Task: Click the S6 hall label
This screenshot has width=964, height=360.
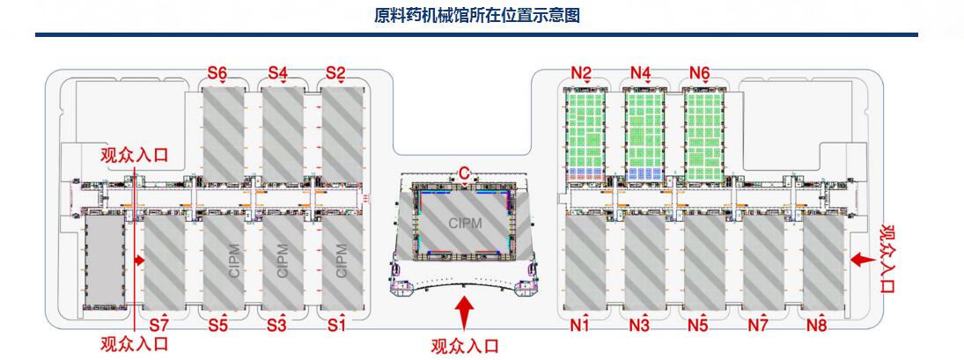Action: pyautogui.click(x=217, y=72)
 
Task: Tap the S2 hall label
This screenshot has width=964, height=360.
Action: pyautogui.click(x=335, y=72)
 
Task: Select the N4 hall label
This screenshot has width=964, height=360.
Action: pyautogui.click(x=641, y=72)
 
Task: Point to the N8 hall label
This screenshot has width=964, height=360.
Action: pyautogui.click(x=816, y=327)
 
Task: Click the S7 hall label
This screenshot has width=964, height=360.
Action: pyautogui.click(x=158, y=326)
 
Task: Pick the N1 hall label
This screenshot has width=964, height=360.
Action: pyautogui.click(x=578, y=327)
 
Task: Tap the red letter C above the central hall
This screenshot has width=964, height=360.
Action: pyautogui.click(x=463, y=173)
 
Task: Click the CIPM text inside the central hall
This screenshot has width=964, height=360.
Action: pyautogui.click(x=464, y=224)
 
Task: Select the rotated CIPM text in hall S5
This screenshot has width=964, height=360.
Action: pyautogui.click(x=234, y=261)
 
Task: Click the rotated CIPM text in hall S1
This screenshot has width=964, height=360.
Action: pyautogui.click(x=342, y=261)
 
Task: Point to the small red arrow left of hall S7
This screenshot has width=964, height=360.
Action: pyautogui.click(x=138, y=261)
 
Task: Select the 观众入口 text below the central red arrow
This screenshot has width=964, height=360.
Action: pyautogui.click(x=464, y=346)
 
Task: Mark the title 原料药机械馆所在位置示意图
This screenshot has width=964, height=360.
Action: pyautogui.click(x=476, y=16)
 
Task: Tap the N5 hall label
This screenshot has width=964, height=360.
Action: pyautogui.click(x=697, y=327)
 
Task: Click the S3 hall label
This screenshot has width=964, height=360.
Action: pyautogui.click(x=276, y=326)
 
